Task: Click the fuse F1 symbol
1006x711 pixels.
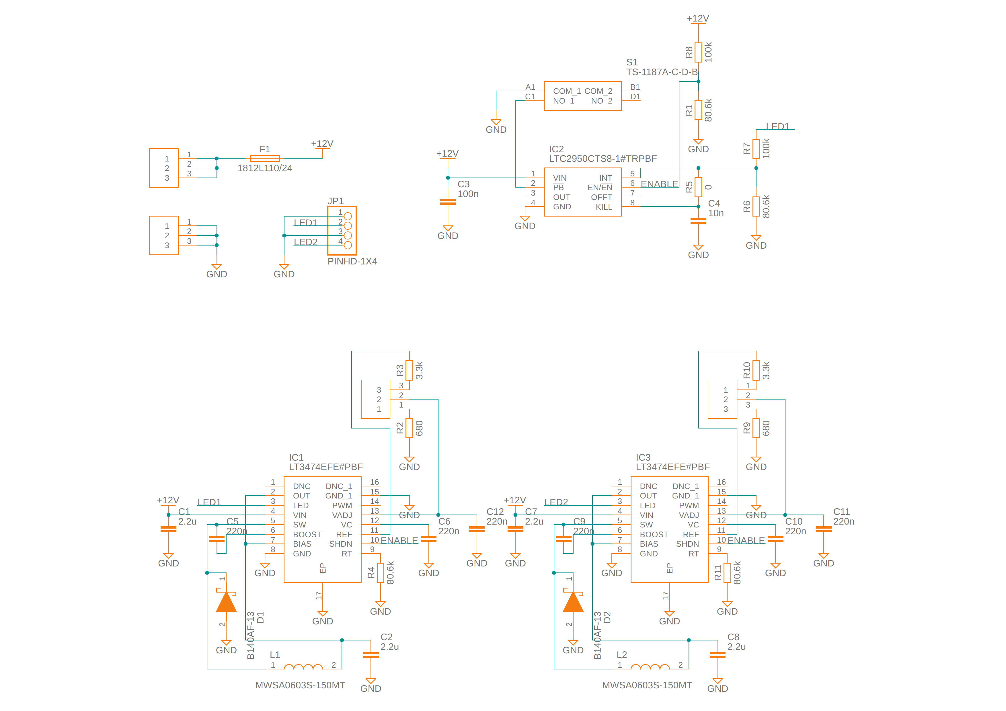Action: coord(265,158)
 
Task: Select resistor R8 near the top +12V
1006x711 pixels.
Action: coord(698,52)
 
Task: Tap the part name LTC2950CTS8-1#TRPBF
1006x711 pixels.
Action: coord(603,159)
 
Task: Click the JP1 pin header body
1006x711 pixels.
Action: coord(342,230)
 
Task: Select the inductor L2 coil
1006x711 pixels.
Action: coord(650,667)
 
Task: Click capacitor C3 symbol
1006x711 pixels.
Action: coord(448,202)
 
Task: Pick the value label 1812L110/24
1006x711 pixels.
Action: coord(265,168)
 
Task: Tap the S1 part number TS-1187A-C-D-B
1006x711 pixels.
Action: coord(662,72)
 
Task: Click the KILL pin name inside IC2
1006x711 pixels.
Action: coord(604,207)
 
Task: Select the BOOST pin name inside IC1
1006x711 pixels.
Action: coord(307,534)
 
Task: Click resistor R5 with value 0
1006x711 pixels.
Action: coord(698,187)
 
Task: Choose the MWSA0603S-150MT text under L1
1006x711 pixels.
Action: coord(300,685)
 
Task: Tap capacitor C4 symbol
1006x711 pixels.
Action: coord(698,221)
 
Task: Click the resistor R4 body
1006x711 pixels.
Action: coord(380,572)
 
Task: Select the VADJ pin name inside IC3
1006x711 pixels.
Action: coord(689,515)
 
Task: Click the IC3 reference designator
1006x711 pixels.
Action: coord(643,457)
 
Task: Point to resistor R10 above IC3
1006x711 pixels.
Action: coord(756,370)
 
